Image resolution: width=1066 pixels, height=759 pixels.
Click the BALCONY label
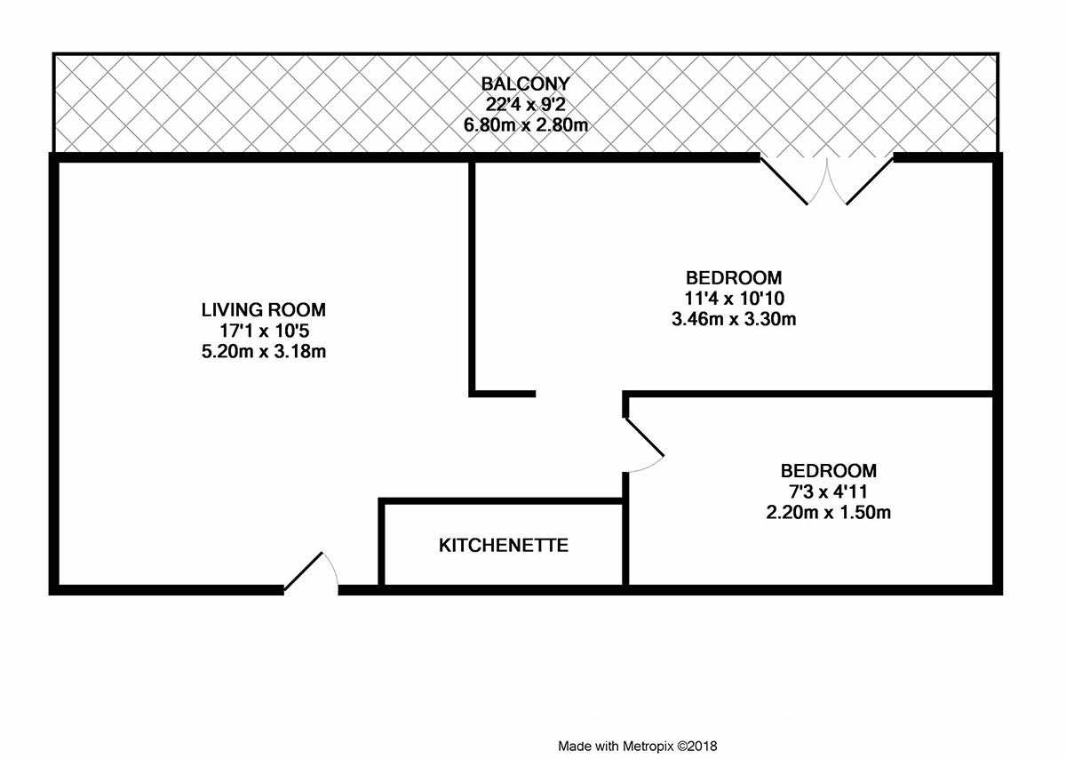[525, 84]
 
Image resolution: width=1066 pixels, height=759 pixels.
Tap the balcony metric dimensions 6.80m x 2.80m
[525, 125]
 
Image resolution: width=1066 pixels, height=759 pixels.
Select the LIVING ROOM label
[263, 310]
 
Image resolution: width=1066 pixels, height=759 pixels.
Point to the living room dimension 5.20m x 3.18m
[263, 351]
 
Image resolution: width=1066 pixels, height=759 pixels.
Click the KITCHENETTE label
[504, 545]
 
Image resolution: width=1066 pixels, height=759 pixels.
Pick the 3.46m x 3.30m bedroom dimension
[734, 318]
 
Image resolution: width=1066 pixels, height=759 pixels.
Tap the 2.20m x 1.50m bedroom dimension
[829, 512]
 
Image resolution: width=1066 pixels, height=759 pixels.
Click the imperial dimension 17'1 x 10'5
[264, 331]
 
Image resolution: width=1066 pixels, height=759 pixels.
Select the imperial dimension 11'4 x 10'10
[735, 298]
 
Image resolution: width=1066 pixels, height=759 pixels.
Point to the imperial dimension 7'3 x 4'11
[829, 491]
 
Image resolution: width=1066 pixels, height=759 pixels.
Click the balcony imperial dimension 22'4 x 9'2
[525, 104]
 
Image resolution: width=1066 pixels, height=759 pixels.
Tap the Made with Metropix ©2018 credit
[637, 747]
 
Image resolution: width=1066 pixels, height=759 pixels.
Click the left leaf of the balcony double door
[784, 181]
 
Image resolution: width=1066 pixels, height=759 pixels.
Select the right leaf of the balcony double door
[870, 181]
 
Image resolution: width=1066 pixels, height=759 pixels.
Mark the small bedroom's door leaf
[644, 437]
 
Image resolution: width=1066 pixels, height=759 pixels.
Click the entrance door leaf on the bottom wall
[303, 571]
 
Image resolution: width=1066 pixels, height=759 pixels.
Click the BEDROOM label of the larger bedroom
[734, 277]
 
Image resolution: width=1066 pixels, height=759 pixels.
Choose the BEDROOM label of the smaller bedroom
[829, 471]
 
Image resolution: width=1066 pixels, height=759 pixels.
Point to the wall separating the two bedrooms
[808, 395]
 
